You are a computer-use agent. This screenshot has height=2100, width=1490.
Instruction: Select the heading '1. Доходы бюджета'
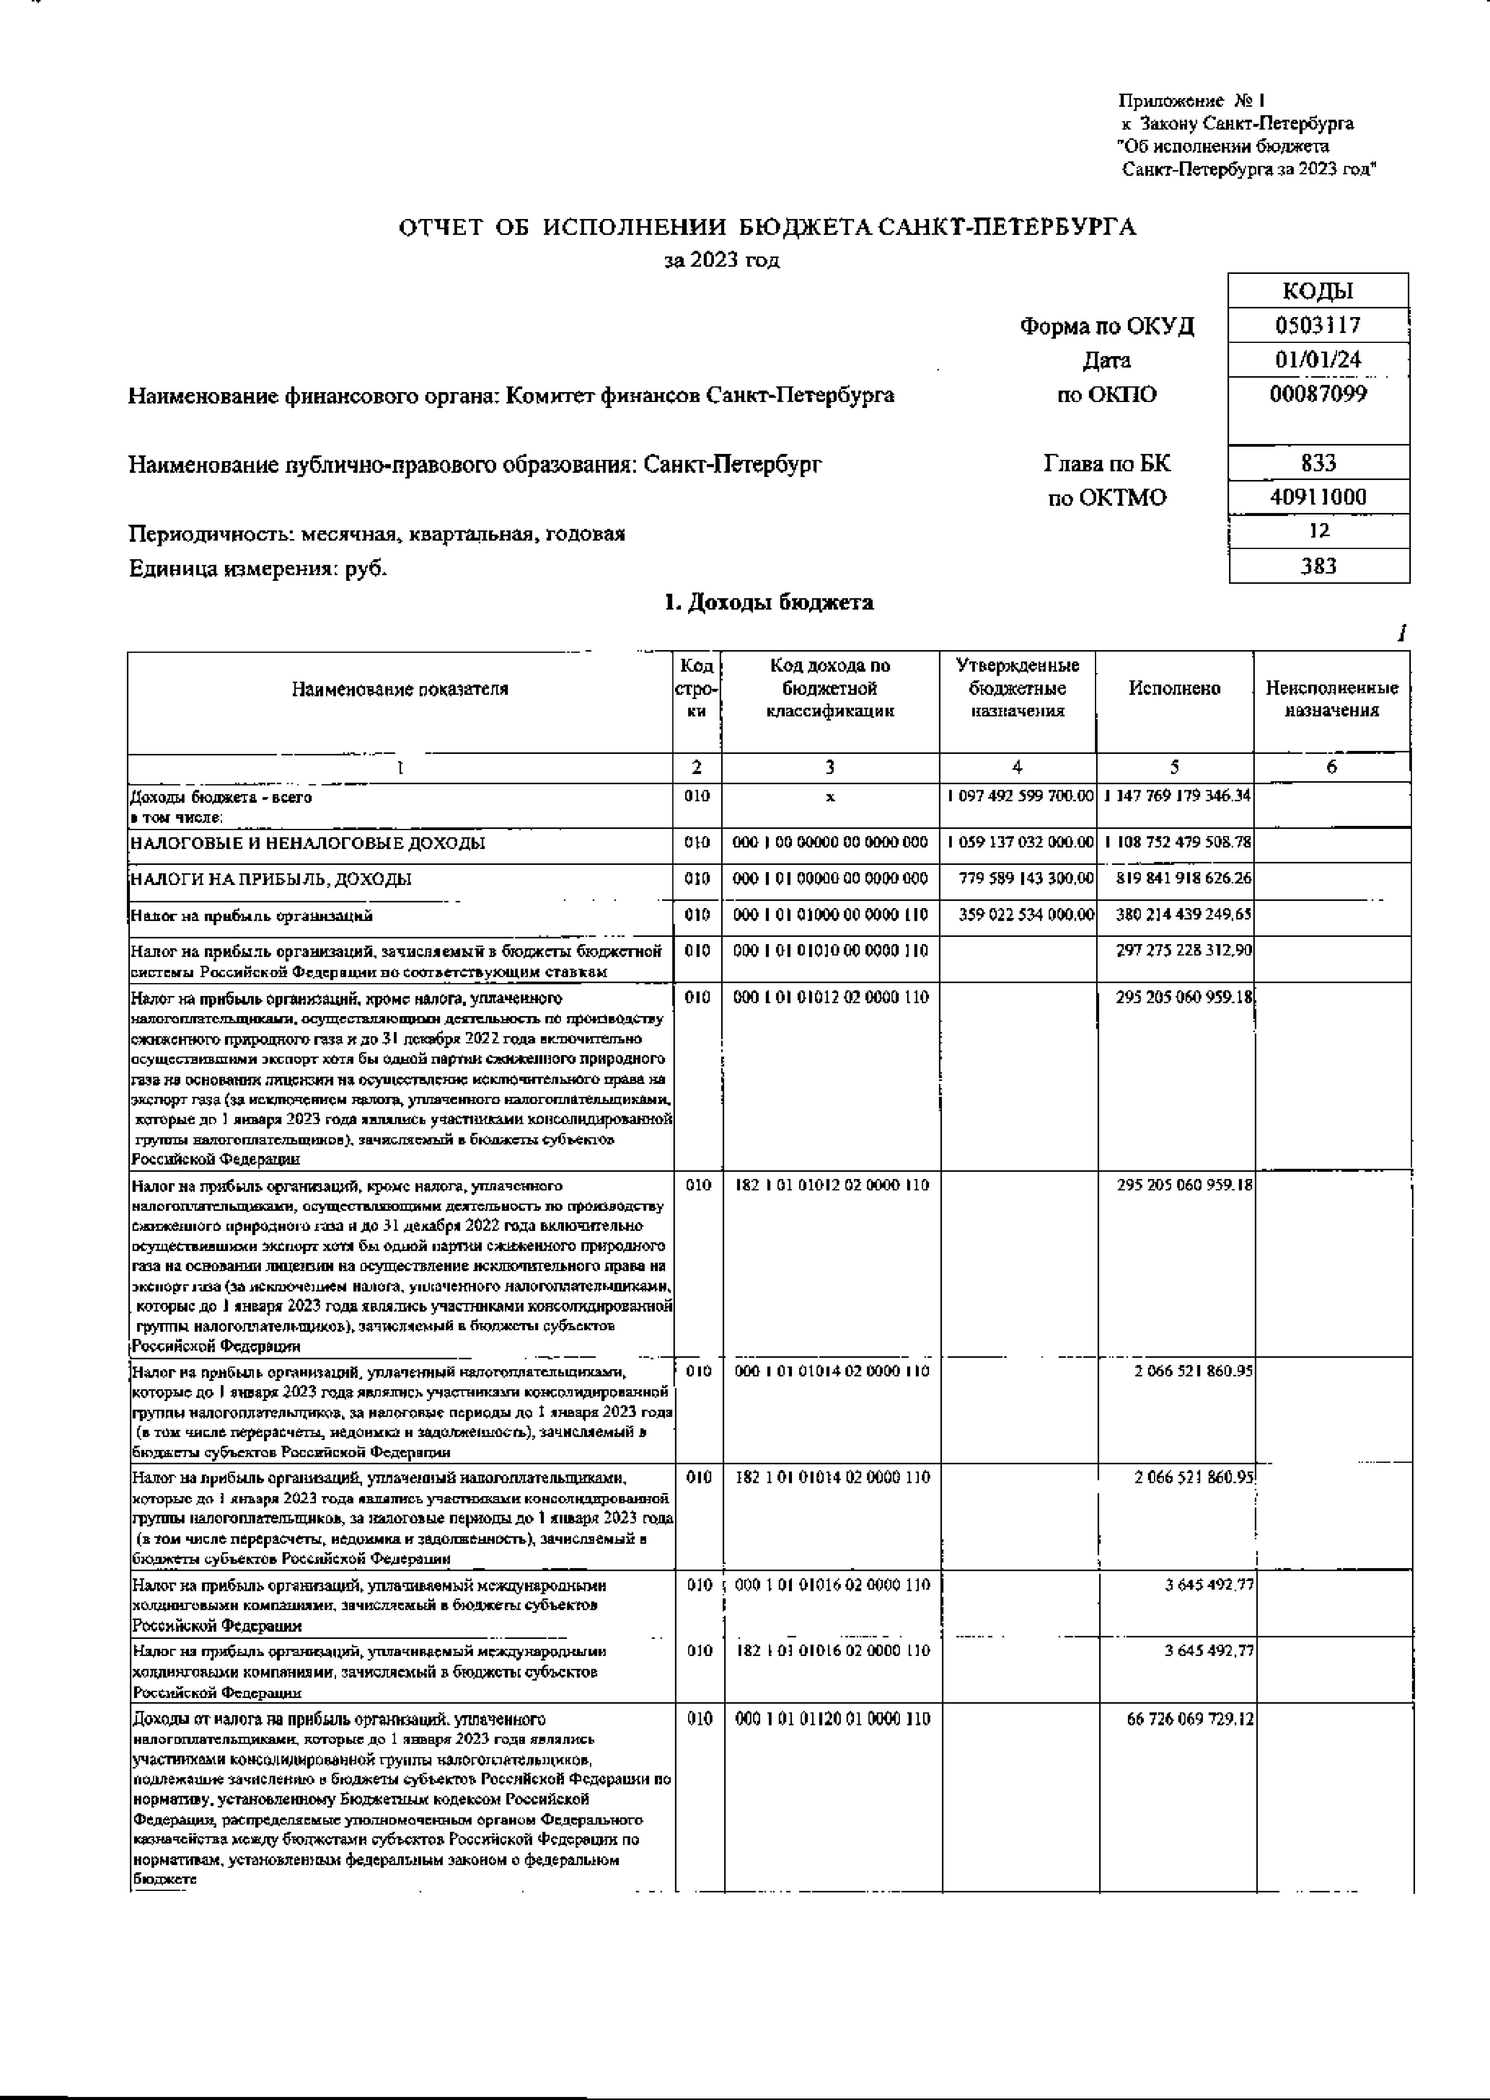(768, 603)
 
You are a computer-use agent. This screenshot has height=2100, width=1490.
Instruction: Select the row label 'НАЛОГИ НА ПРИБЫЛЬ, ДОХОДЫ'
(271, 879)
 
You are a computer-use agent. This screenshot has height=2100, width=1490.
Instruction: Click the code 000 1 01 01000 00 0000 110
(831, 915)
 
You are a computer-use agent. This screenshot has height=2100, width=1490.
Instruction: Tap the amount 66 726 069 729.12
(1190, 1718)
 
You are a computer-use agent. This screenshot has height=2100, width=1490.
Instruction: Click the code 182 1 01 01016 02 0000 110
(831, 1651)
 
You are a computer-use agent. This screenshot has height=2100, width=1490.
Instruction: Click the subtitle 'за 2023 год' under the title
(721, 261)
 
